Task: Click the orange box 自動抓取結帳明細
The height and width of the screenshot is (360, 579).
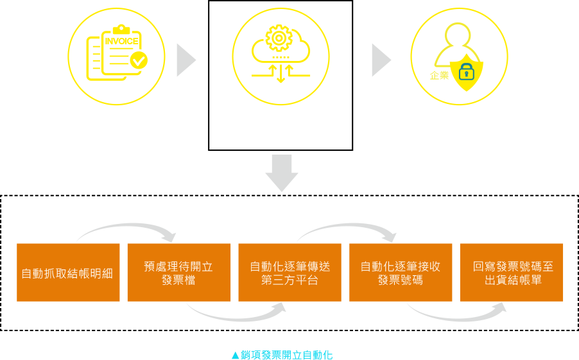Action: click(68, 273)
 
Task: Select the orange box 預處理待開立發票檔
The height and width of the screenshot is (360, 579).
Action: click(178, 273)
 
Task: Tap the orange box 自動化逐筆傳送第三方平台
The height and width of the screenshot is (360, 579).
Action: click(289, 273)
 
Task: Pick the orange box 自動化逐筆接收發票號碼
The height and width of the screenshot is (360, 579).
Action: click(401, 273)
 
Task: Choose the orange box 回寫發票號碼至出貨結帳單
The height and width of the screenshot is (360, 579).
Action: click(512, 273)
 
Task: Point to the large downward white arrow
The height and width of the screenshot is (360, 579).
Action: click(282, 173)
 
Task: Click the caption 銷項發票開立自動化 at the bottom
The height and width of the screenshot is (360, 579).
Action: click(282, 355)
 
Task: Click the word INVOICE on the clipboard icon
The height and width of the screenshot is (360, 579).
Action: click(122, 42)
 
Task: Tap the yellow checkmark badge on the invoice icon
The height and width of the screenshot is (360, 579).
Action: click(139, 61)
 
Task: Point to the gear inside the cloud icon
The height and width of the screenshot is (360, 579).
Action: click(279, 39)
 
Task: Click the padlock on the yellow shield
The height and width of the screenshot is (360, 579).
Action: click(467, 72)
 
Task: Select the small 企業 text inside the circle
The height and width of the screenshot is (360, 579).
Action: click(439, 76)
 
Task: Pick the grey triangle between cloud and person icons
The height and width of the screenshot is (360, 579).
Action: click(380, 60)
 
